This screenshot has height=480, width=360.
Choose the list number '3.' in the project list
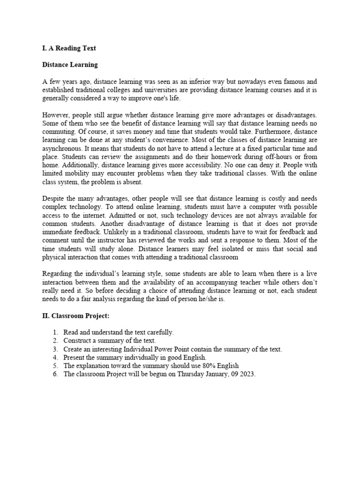pos(55,350)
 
